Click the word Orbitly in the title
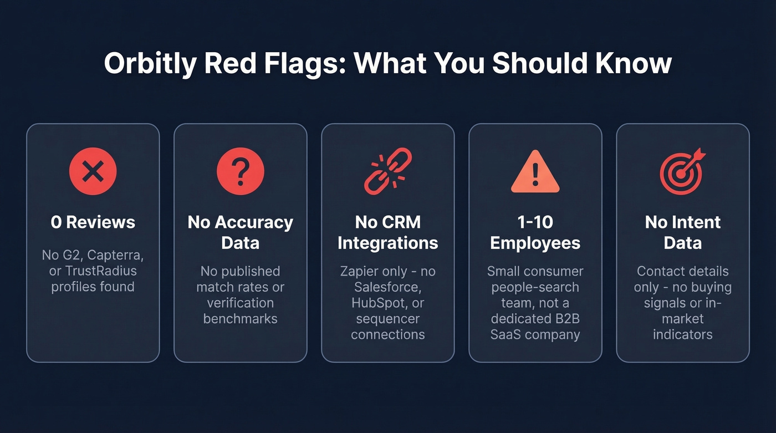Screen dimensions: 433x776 (x=150, y=64)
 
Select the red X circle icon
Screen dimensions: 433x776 (x=93, y=171)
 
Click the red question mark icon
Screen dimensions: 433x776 (x=241, y=171)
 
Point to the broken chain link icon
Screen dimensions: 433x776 (x=387, y=171)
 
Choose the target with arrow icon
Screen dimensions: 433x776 (x=682, y=171)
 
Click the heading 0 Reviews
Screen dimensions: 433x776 (x=93, y=222)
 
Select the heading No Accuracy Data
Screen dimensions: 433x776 (x=241, y=232)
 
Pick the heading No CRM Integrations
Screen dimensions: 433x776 (x=388, y=232)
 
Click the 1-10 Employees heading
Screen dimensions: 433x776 (x=535, y=232)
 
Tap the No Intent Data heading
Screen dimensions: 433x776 (x=683, y=232)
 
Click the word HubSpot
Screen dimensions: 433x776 (x=377, y=303)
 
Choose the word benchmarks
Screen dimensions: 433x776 (x=241, y=319)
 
